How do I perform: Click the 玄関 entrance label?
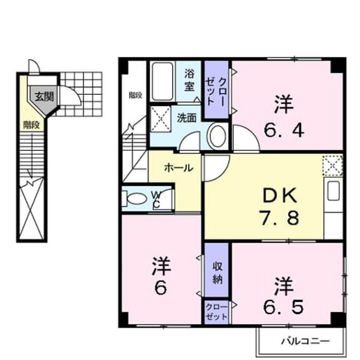coord(45,97)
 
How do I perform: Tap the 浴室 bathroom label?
coord(189,80)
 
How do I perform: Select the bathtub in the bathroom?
coord(163,81)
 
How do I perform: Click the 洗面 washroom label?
coord(186,118)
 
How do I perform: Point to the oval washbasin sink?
coord(217,137)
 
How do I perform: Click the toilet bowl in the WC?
coord(136,199)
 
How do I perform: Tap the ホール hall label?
coord(179,168)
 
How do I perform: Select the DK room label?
coord(280,195)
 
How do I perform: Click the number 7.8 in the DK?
coord(279,218)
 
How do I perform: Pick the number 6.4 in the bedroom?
coord(284,130)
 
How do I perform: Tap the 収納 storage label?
coord(217,273)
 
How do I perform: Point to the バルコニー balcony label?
coord(305,341)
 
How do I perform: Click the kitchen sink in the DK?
coord(333,190)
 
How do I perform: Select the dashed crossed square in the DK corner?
coord(333,165)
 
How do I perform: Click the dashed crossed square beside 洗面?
coord(161,119)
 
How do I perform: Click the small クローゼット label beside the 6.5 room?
coord(217,312)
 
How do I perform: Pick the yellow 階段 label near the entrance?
coord(31,125)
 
